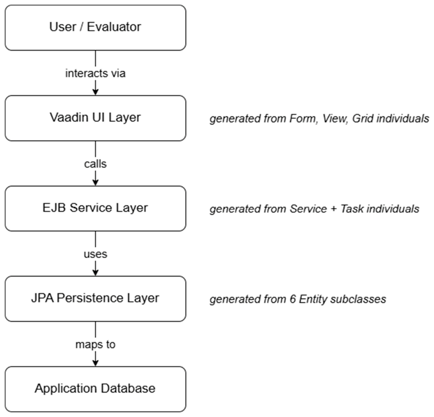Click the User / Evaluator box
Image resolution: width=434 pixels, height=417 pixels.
[x=96, y=28]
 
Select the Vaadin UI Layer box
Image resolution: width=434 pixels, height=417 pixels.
[x=96, y=118]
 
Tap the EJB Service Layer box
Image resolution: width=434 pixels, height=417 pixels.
[x=96, y=208]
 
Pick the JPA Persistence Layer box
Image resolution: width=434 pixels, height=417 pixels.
[x=96, y=299]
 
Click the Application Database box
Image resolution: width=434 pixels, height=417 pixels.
[x=96, y=389]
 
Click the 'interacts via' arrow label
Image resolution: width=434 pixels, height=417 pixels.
[x=96, y=73]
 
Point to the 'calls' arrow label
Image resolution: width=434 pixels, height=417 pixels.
[x=96, y=164]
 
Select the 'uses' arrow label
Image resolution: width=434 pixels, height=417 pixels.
[x=96, y=254]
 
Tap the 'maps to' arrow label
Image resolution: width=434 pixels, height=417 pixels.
[x=96, y=344]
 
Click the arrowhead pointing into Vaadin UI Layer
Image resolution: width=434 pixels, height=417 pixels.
[x=96, y=92]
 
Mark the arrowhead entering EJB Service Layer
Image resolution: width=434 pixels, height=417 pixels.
[x=96, y=182]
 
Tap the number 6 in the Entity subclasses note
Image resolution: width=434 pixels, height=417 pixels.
[x=293, y=299]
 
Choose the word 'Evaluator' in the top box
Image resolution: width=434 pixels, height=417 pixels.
[x=114, y=27]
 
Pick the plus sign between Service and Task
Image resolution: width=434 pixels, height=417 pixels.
[x=334, y=209]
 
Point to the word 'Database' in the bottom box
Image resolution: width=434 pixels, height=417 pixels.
[x=128, y=388]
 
